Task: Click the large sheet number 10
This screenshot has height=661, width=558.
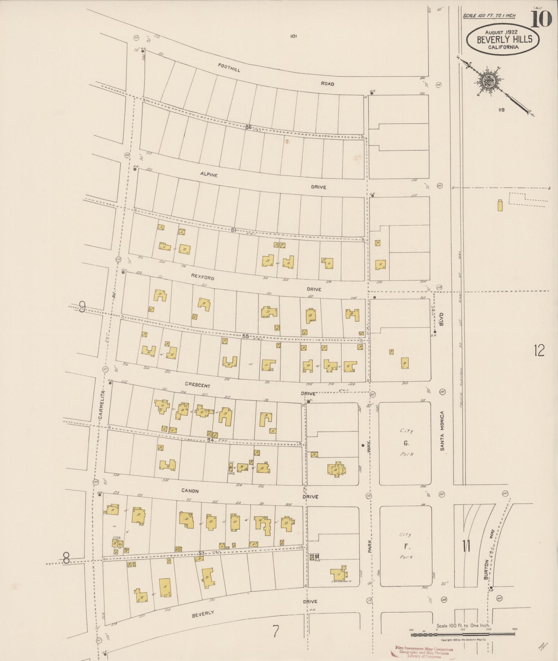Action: (x=541, y=19)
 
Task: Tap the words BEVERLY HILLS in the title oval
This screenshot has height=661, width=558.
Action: (x=504, y=39)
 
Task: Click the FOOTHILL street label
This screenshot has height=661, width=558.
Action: (x=229, y=67)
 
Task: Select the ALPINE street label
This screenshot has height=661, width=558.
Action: (x=209, y=174)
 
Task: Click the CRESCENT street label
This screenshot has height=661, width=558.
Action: (x=197, y=385)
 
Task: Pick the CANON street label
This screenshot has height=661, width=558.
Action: (x=190, y=491)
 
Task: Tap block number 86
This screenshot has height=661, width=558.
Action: (x=248, y=127)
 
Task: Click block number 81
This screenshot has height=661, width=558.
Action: (x=234, y=229)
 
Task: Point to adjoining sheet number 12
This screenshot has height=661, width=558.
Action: (x=539, y=351)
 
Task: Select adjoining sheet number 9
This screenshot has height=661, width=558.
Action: (x=82, y=307)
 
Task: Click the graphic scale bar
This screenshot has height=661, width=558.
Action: (x=463, y=634)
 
